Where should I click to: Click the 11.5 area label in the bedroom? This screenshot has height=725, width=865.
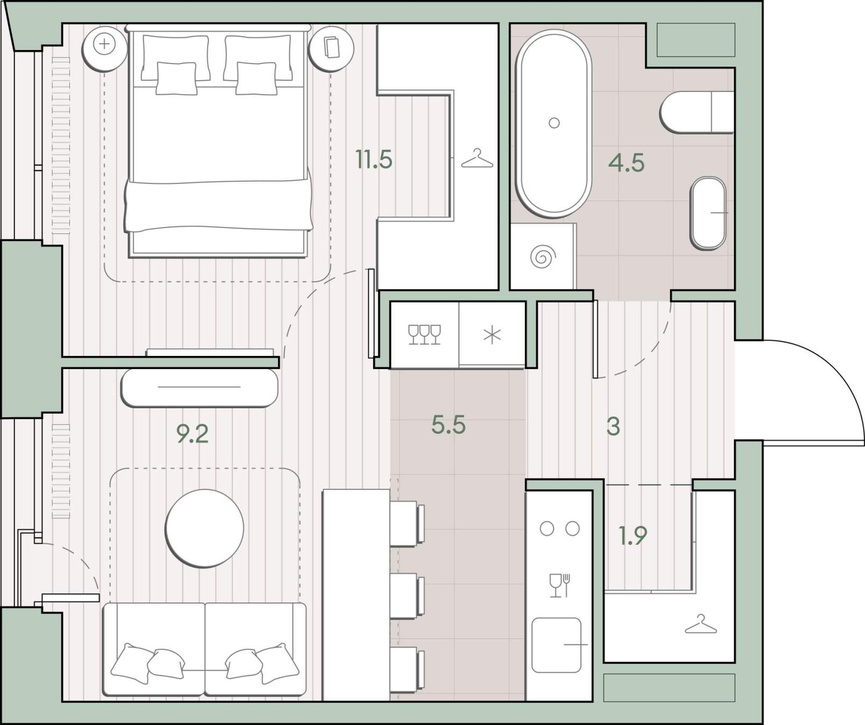click(x=374, y=159)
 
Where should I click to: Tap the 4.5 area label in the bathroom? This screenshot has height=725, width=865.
click(x=626, y=162)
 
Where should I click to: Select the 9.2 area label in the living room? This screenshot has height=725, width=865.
click(x=192, y=433)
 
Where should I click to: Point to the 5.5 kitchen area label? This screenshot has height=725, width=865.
click(x=448, y=425)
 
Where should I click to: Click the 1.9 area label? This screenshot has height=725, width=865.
click(x=633, y=535)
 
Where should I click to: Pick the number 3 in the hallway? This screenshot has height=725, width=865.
click(x=613, y=427)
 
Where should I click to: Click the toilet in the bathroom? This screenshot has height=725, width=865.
click(x=697, y=112)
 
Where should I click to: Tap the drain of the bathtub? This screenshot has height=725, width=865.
click(x=554, y=123)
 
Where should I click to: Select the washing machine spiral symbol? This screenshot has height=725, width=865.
click(x=542, y=257)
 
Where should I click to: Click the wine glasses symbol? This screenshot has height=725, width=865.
click(x=424, y=334)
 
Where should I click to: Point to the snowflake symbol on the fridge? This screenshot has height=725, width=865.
click(x=492, y=335)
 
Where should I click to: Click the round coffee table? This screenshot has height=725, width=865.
click(x=204, y=528)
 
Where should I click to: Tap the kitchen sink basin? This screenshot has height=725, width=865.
click(x=557, y=645)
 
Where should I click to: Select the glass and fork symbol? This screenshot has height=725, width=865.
click(x=559, y=585)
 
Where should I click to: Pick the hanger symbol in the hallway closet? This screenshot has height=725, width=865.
click(x=700, y=624)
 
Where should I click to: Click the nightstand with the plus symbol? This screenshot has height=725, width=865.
click(x=104, y=48)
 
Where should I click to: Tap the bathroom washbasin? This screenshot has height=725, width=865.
click(x=708, y=213)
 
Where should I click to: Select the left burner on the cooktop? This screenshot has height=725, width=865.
click(x=547, y=529)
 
